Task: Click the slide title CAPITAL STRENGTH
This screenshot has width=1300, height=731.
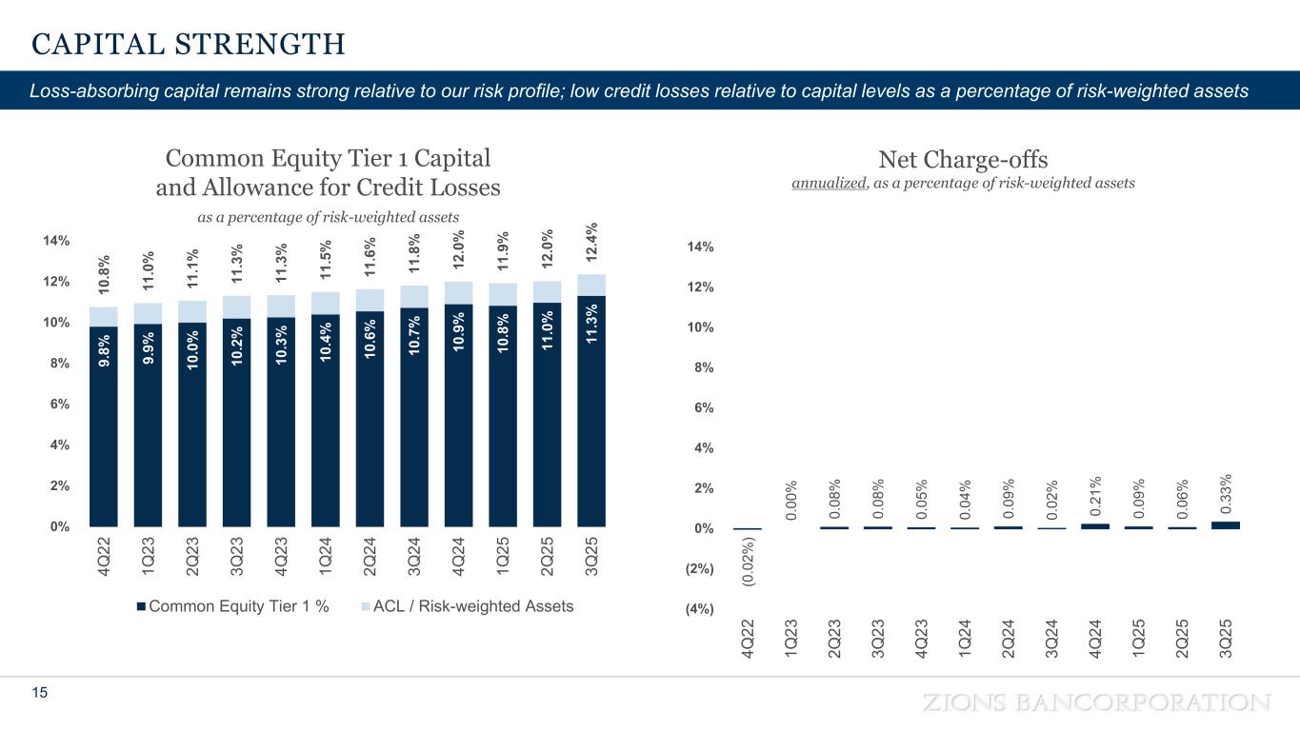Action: (188, 44)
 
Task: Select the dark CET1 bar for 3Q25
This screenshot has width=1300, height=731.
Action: (591, 419)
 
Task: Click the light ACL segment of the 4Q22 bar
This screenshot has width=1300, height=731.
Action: (103, 317)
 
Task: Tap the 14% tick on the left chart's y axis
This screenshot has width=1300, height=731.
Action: (56, 241)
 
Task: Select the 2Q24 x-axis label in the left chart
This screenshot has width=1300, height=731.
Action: (370, 561)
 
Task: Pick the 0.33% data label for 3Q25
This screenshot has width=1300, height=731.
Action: (1226, 491)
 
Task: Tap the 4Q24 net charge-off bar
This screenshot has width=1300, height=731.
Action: (1095, 525)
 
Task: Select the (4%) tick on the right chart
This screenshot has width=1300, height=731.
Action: (699, 609)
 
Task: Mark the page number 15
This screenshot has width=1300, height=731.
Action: (39, 695)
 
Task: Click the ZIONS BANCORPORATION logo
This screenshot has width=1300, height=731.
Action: (1097, 702)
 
